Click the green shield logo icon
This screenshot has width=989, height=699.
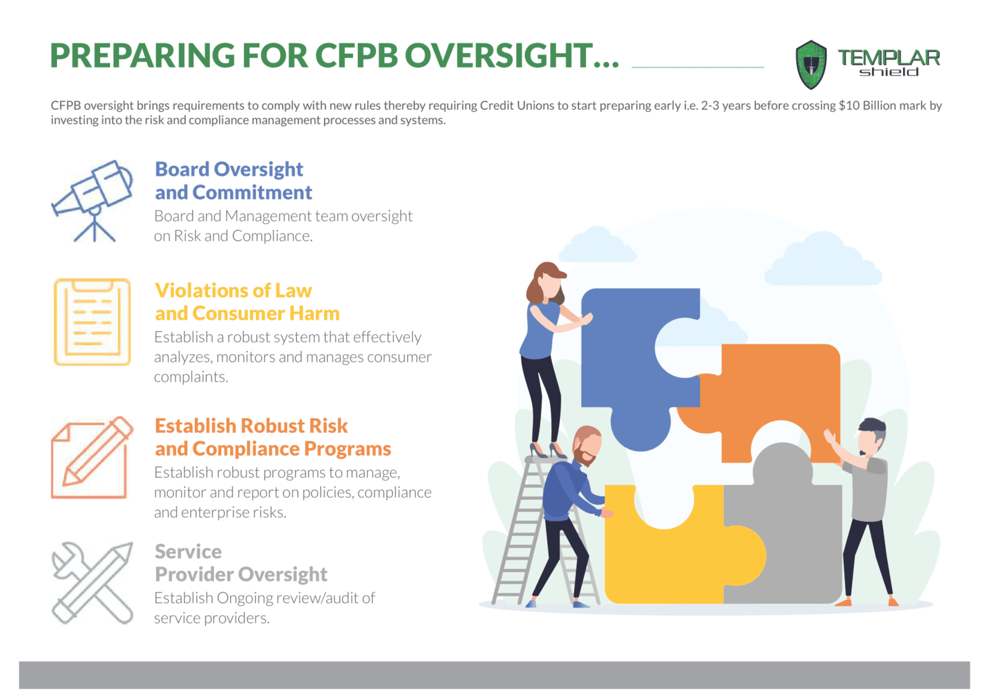[811, 64]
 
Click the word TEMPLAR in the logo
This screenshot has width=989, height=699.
[889, 58]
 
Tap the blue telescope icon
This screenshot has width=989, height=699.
[92, 200]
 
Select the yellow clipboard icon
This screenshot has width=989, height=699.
[92, 322]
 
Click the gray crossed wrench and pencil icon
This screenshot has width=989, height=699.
[92, 583]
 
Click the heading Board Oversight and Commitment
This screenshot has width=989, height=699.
[233, 181]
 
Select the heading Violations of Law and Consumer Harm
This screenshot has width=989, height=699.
[247, 302]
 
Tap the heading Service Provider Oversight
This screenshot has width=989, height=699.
[241, 563]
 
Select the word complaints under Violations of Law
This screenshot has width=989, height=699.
[191, 377]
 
